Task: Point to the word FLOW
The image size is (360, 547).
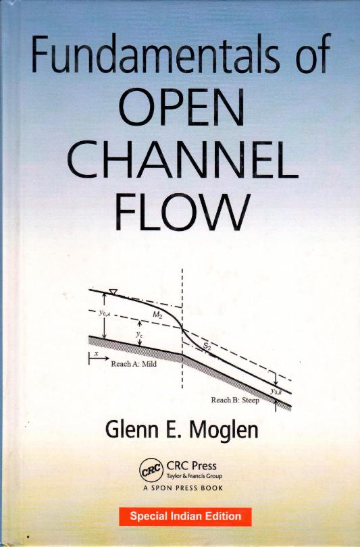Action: pyautogui.click(x=182, y=211)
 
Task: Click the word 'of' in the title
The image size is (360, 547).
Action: pyautogui.click(x=311, y=53)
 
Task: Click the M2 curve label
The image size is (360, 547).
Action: pyautogui.click(x=157, y=315)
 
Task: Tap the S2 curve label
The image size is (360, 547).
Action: pyautogui.click(x=207, y=346)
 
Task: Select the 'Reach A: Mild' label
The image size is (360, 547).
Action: pyautogui.click(x=134, y=364)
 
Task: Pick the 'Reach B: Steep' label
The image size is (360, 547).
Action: pyautogui.click(x=235, y=400)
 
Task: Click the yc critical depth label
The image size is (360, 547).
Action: pyautogui.click(x=139, y=334)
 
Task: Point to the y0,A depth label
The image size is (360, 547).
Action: pyautogui.click(x=105, y=313)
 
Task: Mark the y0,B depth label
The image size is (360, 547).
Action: pyautogui.click(x=276, y=392)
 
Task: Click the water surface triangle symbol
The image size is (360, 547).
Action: pyautogui.click(x=113, y=292)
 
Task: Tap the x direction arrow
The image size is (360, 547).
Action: pyautogui.click(x=99, y=359)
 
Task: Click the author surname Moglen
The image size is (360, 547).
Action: pyautogui.click(x=224, y=429)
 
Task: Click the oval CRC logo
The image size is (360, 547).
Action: pyautogui.click(x=151, y=470)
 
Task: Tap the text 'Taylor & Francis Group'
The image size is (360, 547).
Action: pyautogui.click(x=195, y=476)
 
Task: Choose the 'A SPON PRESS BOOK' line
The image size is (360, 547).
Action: pyautogui.click(x=183, y=488)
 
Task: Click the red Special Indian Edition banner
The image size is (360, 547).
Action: pyautogui.click(x=185, y=517)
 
